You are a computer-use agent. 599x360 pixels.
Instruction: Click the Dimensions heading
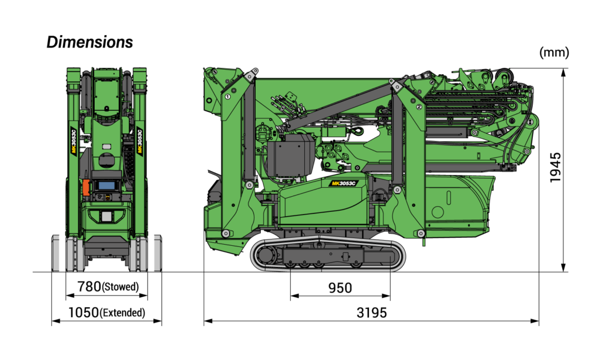89,42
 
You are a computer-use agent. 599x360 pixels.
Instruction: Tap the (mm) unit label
554,52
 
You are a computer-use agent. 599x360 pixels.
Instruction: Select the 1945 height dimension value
555,167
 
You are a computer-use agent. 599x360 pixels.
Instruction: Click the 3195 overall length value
371,313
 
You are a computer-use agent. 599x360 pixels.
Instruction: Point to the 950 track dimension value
340,288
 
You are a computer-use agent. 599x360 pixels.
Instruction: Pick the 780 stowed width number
89,286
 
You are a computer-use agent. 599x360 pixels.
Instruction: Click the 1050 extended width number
84,313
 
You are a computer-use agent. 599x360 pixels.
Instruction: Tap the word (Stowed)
121,287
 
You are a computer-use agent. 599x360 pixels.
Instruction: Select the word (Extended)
122,313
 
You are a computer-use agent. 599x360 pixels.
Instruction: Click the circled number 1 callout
228,97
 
